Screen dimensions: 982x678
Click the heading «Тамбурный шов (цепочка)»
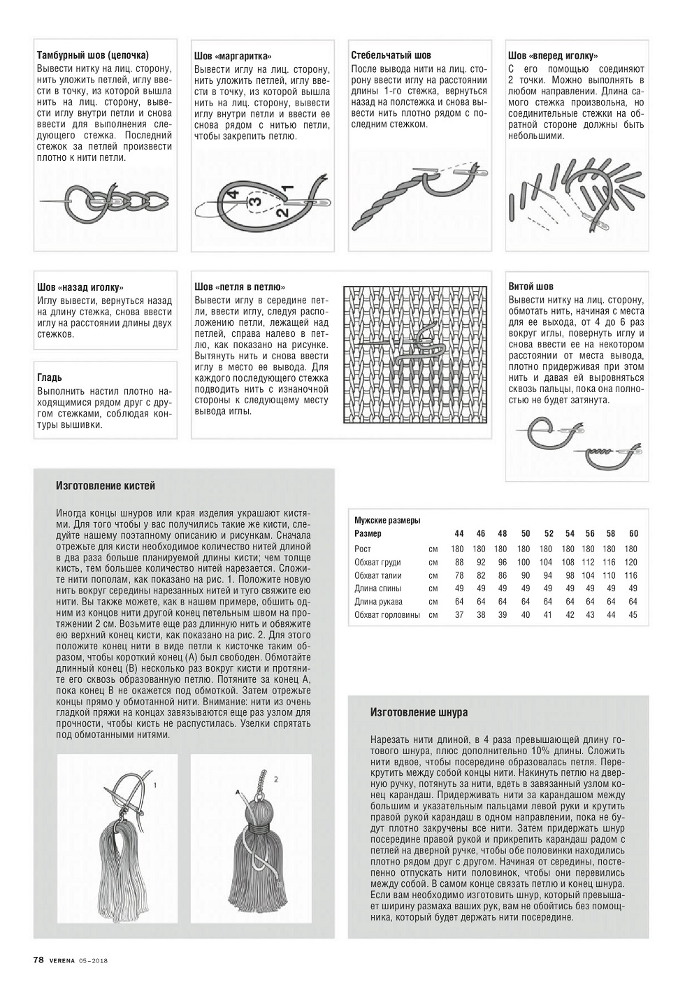(93, 55)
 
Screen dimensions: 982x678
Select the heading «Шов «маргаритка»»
(233, 57)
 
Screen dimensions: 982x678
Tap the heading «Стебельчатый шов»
(391, 55)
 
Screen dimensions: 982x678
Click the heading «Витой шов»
(531, 287)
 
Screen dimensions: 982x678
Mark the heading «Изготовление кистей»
(106, 486)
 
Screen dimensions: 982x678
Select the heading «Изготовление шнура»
(419, 712)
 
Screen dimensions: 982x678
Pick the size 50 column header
(526, 534)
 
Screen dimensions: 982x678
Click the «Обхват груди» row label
(377, 563)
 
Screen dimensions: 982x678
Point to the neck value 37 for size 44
(459, 615)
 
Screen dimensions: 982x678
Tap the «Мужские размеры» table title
(387, 521)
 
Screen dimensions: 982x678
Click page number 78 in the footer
(39, 960)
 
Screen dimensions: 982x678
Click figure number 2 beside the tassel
(276, 778)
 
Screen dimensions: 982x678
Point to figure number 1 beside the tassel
(154, 785)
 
